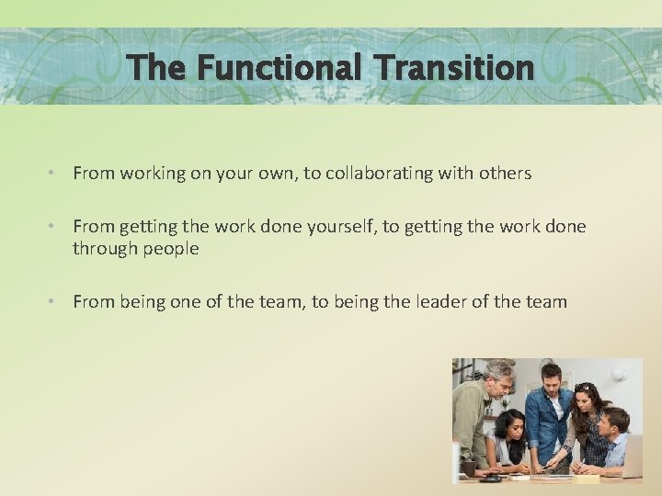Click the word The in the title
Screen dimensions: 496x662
point(157,68)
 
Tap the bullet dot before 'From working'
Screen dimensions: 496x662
point(55,173)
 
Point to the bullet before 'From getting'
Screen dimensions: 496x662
point(55,227)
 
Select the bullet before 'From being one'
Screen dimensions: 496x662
point(55,301)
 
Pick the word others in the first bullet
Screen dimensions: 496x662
point(505,173)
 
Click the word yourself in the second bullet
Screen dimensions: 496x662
point(338,227)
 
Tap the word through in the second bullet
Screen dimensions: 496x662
point(104,249)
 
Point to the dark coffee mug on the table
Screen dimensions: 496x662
point(472,468)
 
